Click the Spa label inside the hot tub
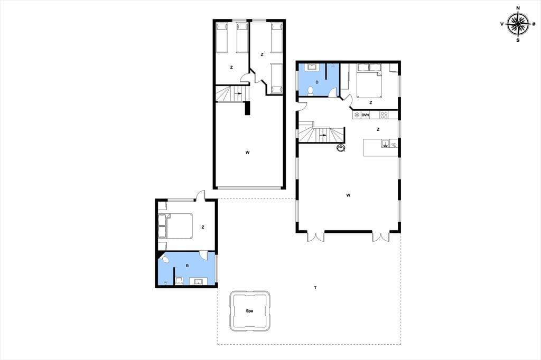pyautogui.click(x=249, y=311)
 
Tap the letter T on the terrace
pyautogui.click(x=315, y=288)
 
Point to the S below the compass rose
pyautogui.click(x=518, y=40)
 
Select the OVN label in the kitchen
pyautogui.click(x=365, y=115)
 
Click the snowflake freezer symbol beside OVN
pyautogui.click(x=357, y=115)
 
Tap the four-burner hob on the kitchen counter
pyautogui.click(x=384, y=115)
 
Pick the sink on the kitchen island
pyautogui.click(x=385, y=144)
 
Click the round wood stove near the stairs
pyautogui.click(x=341, y=148)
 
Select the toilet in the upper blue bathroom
pyautogui.click(x=311, y=91)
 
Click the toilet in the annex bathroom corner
pyautogui.click(x=165, y=259)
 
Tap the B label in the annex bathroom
pyautogui.click(x=188, y=266)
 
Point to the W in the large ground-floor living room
pyautogui.click(x=349, y=195)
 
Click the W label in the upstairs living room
pyautogui.click(x=247, y=153)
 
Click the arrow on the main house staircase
pyautogui.click(x=323, y=135)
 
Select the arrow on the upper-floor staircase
pyautogui.click(x=238, y=93)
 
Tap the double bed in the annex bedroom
pyautogui.click(x=175, y=226)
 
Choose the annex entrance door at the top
pyautogui.click(x=200, y=196)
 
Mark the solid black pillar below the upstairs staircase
pyautogui.click(x=247, y=108)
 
